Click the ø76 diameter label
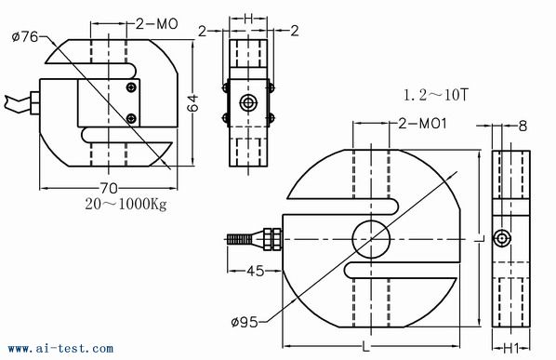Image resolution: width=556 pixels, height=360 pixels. pos(25,36)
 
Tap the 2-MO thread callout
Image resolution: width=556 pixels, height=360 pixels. pos(157,24)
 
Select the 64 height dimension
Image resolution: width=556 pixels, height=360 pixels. pos(193,103)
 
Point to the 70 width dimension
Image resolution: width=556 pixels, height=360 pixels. pos(109,188)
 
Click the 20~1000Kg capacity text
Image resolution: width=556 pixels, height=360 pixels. pos(126,204)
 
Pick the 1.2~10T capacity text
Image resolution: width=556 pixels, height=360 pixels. pos(436,95)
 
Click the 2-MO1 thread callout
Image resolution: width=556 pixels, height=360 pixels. pos(422,124)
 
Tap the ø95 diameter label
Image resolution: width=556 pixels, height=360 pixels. pos(245,323)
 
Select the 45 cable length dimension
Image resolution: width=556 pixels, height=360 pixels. pos(256,271)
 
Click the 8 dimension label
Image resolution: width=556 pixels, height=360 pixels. pos(523,126)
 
